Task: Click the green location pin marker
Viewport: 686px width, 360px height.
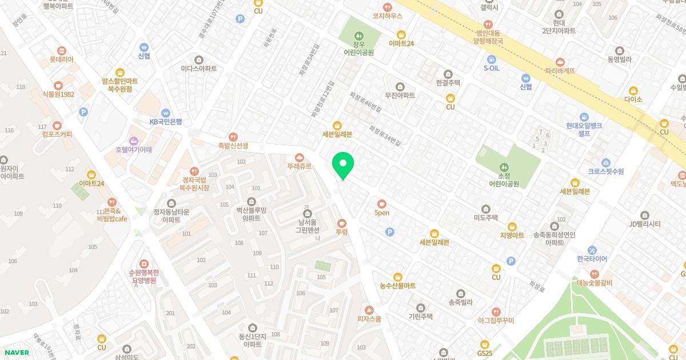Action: click(x=343, y=165)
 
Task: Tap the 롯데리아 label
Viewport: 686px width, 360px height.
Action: click(x=61, y=59)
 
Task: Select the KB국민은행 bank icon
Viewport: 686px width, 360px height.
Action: click(x=166, y=113)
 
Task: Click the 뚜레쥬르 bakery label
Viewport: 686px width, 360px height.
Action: click(x=299, y=166)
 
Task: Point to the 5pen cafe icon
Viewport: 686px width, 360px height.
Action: click(x=382, y=203)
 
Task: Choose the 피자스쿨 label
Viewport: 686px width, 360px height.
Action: click(x=369, y=319)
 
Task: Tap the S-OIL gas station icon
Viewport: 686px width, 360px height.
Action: click(x=491, y=59)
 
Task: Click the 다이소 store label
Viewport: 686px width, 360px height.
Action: click(x=633, y=99)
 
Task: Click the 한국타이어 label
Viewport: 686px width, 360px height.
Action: click(x=592, y=259)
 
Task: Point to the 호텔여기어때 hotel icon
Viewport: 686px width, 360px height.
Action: click(x=134, y=141)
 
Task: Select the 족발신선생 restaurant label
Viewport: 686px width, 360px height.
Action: click(x=233, y=146)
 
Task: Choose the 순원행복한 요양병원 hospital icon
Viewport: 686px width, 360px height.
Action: click(x=143, y=263)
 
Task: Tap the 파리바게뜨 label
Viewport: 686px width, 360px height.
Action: click(x=560, y=71)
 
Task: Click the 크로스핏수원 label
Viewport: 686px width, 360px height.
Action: click(x=606, y=171)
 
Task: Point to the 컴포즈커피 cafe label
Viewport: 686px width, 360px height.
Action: click(x=57, y=134)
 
